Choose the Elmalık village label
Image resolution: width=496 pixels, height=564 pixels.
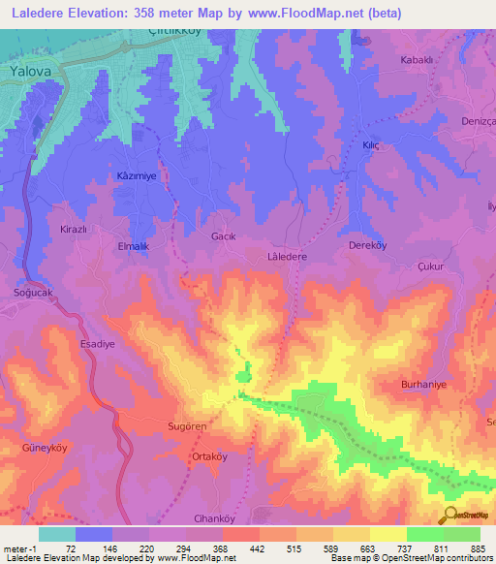[132, 247]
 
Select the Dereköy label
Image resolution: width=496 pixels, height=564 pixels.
[368, 245]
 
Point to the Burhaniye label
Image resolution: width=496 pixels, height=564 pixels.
[422, 385]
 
